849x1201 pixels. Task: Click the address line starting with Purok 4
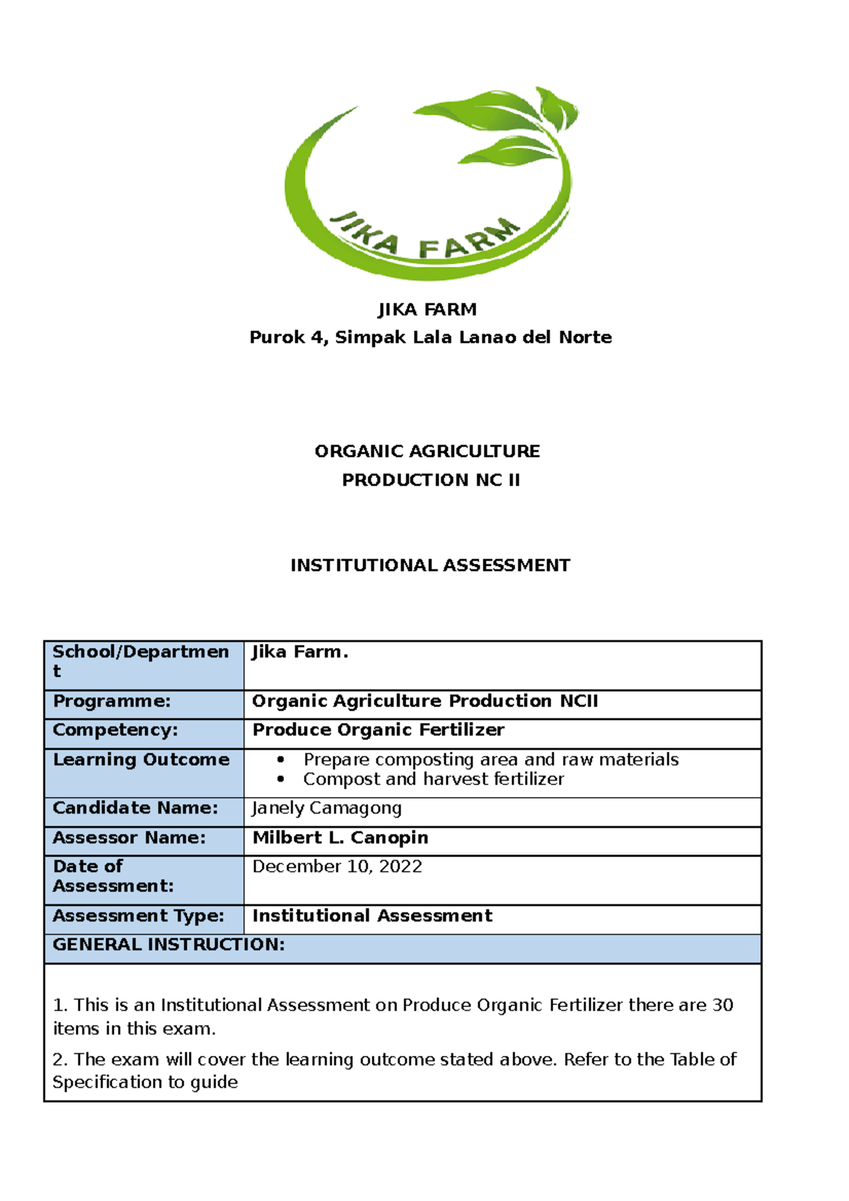430,337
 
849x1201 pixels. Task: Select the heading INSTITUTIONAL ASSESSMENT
430,565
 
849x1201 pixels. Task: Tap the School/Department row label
141,661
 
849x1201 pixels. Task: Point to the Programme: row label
112,701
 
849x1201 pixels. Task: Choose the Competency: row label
115,730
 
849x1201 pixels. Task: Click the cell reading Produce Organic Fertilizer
379,730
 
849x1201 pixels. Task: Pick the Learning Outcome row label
141,760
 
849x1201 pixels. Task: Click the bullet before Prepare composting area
281,760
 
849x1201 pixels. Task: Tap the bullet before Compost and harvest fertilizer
281,779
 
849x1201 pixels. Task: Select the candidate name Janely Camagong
327,808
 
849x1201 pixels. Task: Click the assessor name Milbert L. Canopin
340,837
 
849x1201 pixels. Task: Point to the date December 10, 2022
337,866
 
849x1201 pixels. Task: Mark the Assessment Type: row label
138,916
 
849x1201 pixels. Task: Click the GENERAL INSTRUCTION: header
168,945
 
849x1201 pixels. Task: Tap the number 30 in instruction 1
722,1005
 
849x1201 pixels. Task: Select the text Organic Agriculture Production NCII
425,701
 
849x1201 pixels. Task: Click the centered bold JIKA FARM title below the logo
427,310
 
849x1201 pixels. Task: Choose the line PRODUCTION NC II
431,480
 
